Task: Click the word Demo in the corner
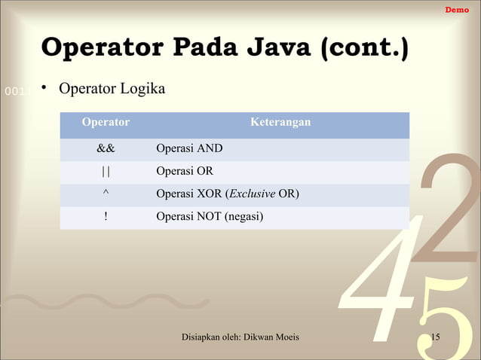point(457,9)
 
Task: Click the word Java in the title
point(274,49)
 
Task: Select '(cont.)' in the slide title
point(365,49)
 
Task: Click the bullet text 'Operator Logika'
point(112,90)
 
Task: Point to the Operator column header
point(106,122)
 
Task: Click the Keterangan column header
point(280,122)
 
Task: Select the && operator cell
point(106,148)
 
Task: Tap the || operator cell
point(106,172)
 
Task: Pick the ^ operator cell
point(106,195)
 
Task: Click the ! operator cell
point(106,218)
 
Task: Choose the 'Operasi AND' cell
point(189,148)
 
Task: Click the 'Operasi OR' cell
point(185,172)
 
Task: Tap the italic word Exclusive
point(253,195)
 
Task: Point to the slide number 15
point(435,336)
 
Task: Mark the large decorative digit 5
point(445,316)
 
